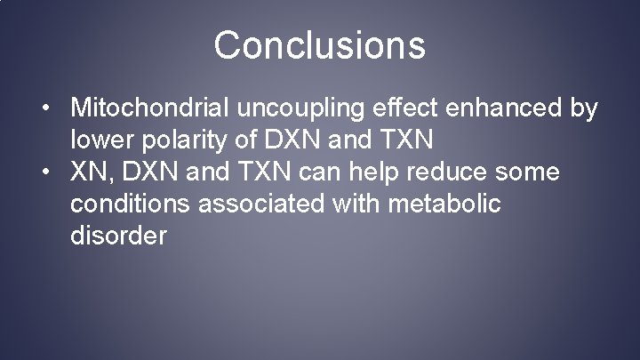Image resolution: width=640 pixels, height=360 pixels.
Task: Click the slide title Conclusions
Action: click(319, 45)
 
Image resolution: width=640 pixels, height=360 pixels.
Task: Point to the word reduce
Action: click(424, 172)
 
